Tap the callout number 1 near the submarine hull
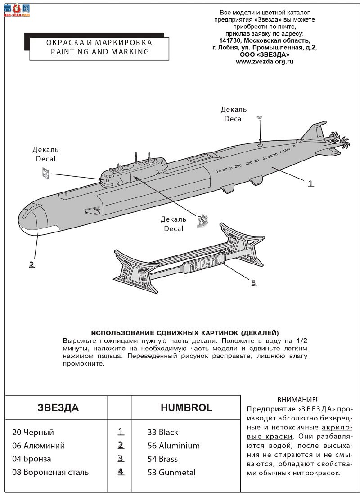point(310,183)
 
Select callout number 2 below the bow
point(31,264)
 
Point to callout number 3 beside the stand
point(254,282)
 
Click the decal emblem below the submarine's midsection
point(202,220)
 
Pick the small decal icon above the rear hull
point(259,118)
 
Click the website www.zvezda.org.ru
point(265,62)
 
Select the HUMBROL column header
point(186,407)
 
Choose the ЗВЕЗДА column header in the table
point(58,407)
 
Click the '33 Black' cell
point(163,432)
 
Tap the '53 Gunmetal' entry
point(171,472)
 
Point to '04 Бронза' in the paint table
point(31,459)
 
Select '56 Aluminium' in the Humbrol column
point(174,446)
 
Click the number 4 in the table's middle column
point(121,472)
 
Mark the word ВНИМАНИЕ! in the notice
point(297,399)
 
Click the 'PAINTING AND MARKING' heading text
point(99,51)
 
